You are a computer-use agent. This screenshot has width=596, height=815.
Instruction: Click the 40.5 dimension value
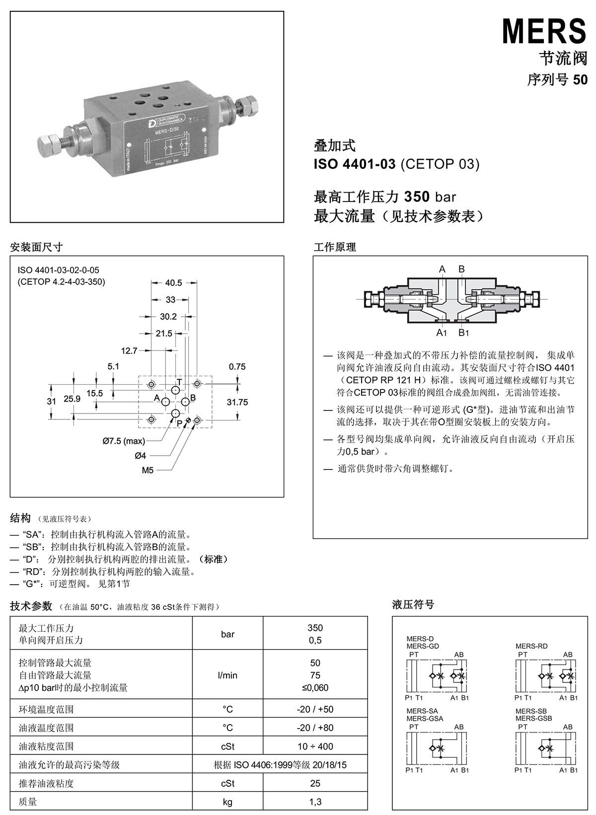[173, 283]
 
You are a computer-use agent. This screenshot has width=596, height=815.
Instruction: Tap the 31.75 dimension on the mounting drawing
[237, 402]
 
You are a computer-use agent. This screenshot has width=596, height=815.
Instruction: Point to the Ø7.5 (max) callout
[124, 441]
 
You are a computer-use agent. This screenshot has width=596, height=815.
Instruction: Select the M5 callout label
[148, 470]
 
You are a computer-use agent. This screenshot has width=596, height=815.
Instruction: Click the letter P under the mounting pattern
[179, 423]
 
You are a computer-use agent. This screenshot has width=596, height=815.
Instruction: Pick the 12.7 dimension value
[129, 350]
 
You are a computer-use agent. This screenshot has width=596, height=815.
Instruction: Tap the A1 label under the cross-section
[442, 332]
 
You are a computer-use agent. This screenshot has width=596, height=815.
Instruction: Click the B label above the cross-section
[461, 269]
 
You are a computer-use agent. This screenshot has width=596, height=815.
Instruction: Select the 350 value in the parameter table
[315, 628]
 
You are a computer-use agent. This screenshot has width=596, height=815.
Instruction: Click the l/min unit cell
[227, 675]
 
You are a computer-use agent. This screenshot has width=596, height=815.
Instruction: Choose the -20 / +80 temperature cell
[315, 728]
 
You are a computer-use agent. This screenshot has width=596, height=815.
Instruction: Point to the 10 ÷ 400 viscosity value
[315, 746]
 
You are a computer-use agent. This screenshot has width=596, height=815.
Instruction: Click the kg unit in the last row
[227, 802]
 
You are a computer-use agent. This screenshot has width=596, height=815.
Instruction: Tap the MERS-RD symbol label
[531, 646]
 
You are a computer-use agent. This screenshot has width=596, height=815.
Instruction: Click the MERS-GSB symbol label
[533, 718]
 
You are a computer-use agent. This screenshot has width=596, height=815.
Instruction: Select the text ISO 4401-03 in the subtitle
[354, 164]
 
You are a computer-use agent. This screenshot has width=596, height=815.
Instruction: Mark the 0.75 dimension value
[237, 367]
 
